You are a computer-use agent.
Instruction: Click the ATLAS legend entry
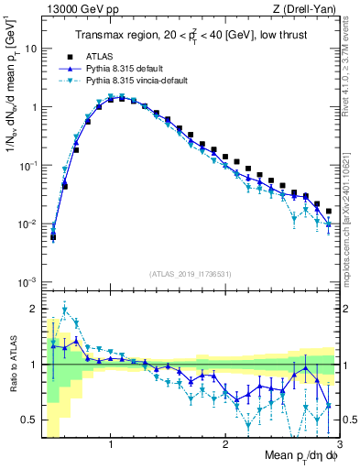point(98,55)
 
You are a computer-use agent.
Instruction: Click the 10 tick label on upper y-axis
point(30,48)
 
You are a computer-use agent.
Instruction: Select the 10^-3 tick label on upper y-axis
point(27,282)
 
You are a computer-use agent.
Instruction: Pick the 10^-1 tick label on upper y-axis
point(27,165)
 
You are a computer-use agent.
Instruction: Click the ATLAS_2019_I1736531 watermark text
point(191,274)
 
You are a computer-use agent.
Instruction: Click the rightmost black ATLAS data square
point(329,211)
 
